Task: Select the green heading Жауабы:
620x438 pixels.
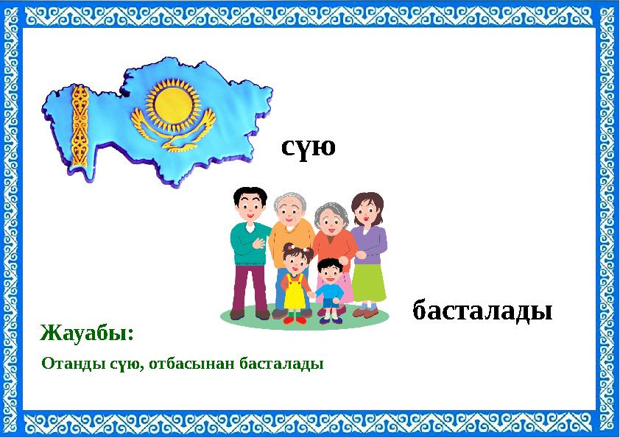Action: [88, 333]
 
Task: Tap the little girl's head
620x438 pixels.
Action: [296, 260]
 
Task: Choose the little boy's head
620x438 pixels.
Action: [328, 272]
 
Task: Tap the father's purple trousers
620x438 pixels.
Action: [250, 287]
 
